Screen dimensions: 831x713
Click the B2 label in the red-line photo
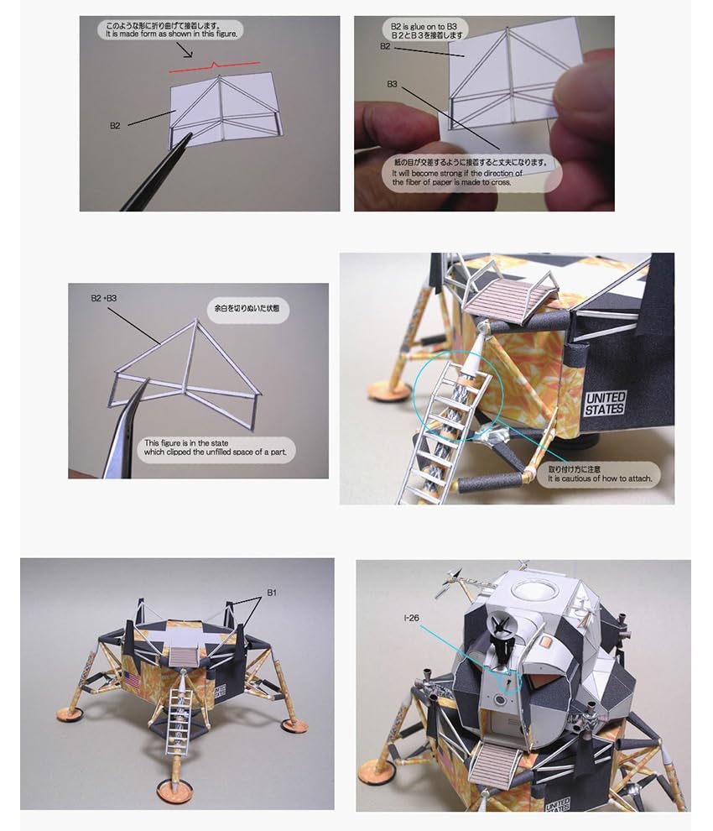tap(115, 126)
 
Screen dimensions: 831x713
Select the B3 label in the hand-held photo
tap(392, 84)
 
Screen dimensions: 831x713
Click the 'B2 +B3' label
tap(104, 298)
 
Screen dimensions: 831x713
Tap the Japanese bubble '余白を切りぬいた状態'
tap(247, 309)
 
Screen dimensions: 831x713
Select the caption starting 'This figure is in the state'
tap(216, 447)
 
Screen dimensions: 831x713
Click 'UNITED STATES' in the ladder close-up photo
tap(605, 404)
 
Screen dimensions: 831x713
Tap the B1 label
tap(271, 593)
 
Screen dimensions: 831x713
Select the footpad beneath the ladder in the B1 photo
tap(174, 790)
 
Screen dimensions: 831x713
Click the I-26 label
tap(411, 619)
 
